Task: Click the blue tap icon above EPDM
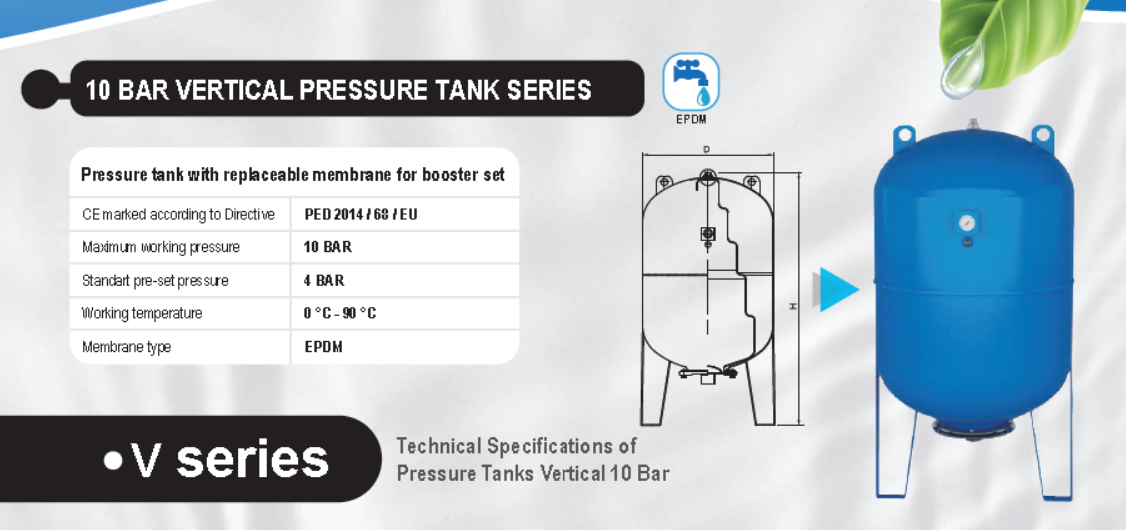tap(690, 82)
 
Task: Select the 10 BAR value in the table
tap(328, 247)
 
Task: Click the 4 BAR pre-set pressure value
tap(323, 280)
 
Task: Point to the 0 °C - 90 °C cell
tap(340, 314)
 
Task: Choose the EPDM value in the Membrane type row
tap(323, 347)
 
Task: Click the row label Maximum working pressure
tap(161, 247)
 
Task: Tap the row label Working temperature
tap(142, 314)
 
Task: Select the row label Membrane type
tap(126, 347)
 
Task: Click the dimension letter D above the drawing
tap(707, 150)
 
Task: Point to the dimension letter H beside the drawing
tap(793, 306)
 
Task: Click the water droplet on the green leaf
tap(962, 69)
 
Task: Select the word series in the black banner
tap(252, 459)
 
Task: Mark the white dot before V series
tap(114, 461)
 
